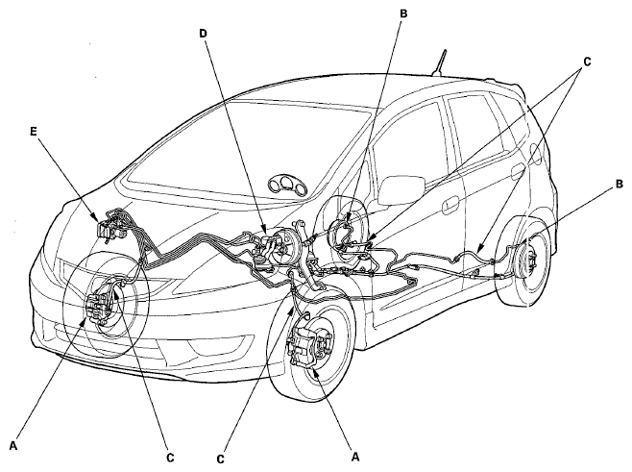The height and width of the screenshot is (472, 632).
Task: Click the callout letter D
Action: [203, 34]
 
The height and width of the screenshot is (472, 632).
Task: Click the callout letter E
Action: [34, 131]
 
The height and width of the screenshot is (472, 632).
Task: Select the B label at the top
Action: [403, 13]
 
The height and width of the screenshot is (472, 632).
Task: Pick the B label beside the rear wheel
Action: [619, 185]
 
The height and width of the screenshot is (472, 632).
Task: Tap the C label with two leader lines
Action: [587, 62]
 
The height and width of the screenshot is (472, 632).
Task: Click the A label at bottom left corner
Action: [13, 446]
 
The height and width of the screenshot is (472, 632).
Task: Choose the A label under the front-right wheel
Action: [355, 457]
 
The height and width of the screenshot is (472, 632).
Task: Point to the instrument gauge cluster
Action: [288, 187]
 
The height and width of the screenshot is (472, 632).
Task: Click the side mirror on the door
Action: [401, 190]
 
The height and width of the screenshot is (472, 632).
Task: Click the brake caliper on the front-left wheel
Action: [98, 308]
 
